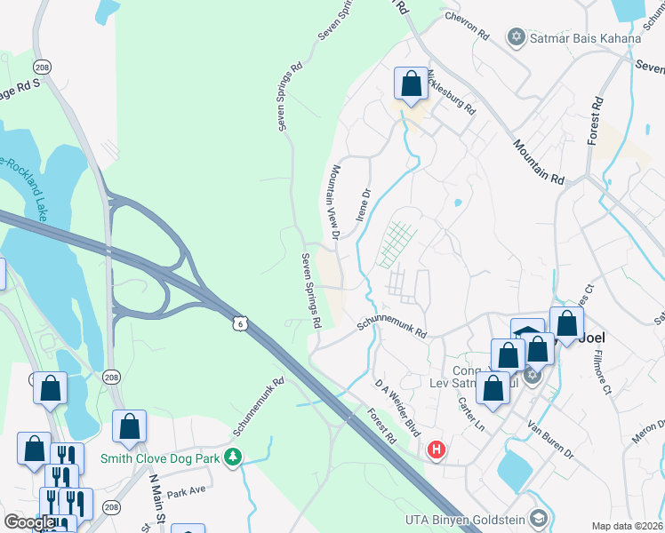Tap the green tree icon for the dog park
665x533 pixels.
tap(233, 457)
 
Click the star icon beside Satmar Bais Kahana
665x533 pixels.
tap(516, 37)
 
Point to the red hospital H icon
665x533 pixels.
tap(436, 450)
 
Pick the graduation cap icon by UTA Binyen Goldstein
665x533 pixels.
tap(537, 518)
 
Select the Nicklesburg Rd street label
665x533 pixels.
tap(451, 91)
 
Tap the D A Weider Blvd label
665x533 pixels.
tap(396, 401)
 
